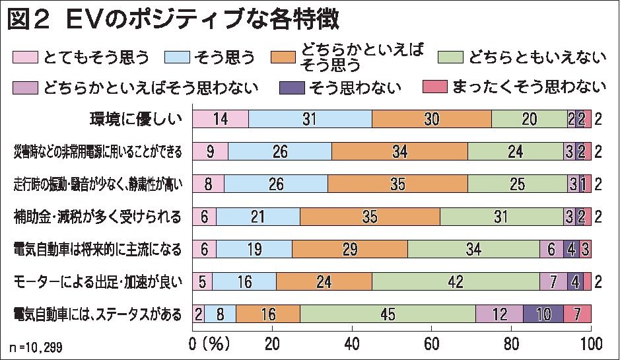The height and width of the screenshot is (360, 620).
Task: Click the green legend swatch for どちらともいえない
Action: coord(451,57)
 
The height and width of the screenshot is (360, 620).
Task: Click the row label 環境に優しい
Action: coord(135,120)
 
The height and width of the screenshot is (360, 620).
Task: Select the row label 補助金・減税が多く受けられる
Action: coord(97,216)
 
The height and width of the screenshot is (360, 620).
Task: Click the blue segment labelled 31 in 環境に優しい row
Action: coord(310,119)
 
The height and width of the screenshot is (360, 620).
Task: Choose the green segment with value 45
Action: coord(388,314)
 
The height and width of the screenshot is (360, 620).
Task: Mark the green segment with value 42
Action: coord(456,281)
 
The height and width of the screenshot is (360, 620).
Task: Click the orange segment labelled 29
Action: coord(349,248)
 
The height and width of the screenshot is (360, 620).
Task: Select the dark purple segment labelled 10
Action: coord(543,314)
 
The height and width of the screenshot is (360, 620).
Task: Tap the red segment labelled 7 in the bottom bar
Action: coord(577,314)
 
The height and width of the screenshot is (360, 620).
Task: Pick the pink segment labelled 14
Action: coord(221,119)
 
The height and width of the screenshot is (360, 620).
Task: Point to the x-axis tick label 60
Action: coord(432,343)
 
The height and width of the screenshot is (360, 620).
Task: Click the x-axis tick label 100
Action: coord(590,343)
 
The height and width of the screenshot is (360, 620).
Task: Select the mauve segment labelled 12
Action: coord(499,314)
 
